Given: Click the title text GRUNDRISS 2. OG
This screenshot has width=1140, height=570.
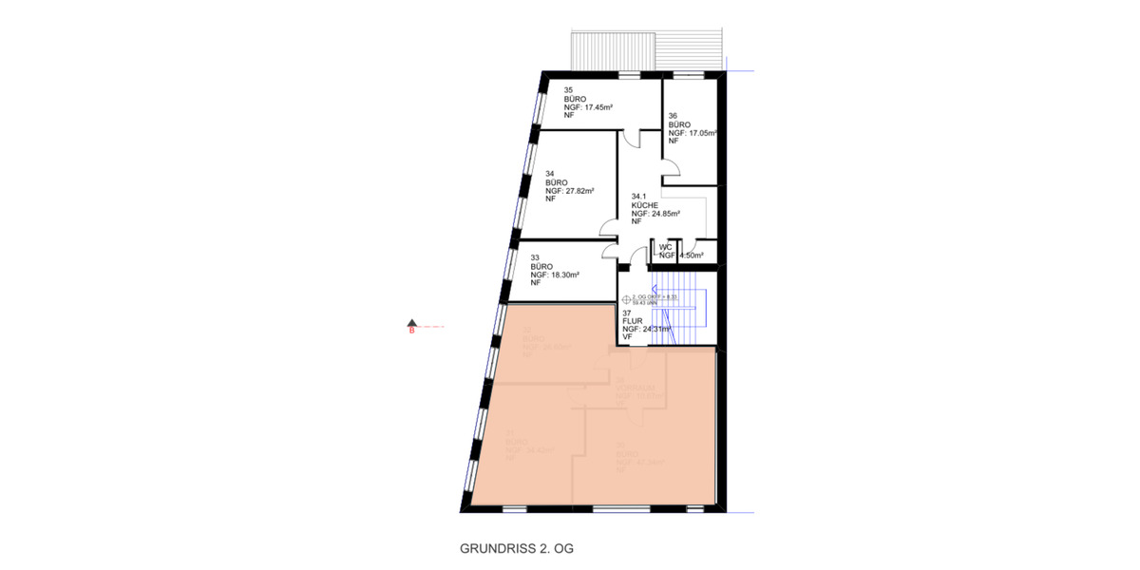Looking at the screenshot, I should [x=517, y=549].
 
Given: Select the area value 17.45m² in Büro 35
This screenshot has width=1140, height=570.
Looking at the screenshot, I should [x=597, y=107].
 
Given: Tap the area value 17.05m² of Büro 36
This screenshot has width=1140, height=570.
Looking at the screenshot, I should [x=701, y=132].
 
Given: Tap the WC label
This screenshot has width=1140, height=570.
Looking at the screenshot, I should [x=665, y=247].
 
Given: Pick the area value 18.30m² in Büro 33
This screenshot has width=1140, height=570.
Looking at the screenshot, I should [x=581, y=274].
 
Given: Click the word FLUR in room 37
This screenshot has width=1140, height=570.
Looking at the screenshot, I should [x=632, y=321].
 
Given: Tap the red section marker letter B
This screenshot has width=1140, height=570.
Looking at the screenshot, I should [x=412, y=332].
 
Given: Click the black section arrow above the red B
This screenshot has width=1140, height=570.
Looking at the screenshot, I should [x=412, y=321].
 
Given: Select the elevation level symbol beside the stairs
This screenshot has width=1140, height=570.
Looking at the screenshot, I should [x=639, y=299].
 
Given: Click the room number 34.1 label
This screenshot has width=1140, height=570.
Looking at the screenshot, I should [x=639, y=197].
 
